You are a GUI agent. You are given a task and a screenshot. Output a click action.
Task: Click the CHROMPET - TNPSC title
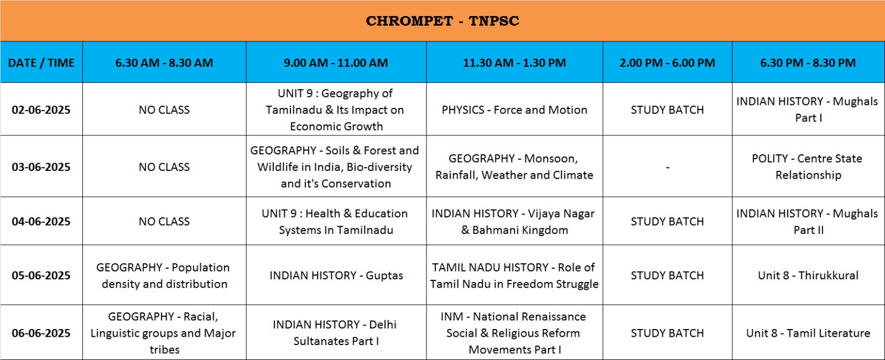click(x=442, y=21)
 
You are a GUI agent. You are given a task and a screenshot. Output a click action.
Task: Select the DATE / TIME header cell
click(x=41, y=62)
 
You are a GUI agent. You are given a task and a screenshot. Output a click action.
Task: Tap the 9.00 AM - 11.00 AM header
click(x=336, y=62)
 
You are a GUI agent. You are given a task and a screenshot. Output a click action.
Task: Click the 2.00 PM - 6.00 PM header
click(x=667, y=62)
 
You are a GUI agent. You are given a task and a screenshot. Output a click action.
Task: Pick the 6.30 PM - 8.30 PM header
click(x=808, y=62)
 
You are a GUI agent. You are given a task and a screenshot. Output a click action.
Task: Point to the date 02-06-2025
click(x=41, y=109)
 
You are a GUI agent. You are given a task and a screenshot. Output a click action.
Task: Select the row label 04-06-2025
click(x=41, y=221)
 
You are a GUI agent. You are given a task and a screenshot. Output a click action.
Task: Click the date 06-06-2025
click(x=41, y=333)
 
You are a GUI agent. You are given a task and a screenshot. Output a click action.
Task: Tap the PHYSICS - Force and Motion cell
click(x=514, y=109)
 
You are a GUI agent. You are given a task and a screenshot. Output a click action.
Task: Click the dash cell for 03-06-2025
click(x=667, y=168)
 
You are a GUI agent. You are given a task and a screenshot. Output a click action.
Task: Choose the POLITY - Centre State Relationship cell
click(x=808, y=167)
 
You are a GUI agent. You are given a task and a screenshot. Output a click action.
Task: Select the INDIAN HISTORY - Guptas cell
click(x=336, y=275)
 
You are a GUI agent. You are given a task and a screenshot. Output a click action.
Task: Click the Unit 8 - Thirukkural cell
click(x=808, y=275)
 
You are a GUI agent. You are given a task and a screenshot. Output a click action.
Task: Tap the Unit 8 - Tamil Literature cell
click(x=808, y=333)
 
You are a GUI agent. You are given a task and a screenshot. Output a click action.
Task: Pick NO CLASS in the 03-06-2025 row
click(x=164, y=167)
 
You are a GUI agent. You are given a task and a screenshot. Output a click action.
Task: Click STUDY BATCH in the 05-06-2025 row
click(x=667, y=275)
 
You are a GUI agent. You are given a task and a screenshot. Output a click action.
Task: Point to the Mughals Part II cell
click(x=808, y=222)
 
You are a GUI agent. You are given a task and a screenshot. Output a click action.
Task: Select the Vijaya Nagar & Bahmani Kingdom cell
click(x=514, y=222)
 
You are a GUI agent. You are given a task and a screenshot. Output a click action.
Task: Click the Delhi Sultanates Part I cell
click(x=336, y=333)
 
